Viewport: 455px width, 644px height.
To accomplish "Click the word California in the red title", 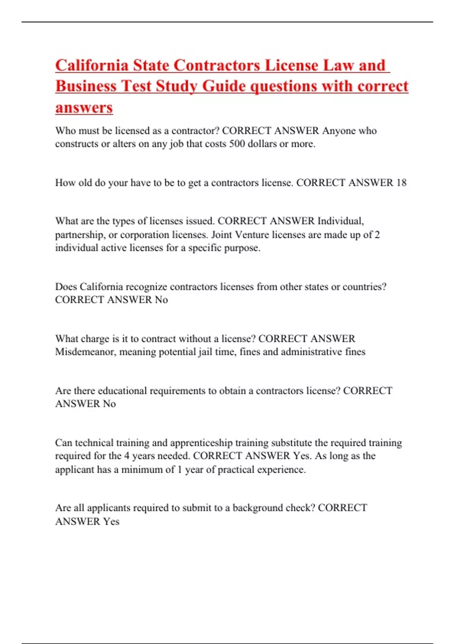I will [92, 65].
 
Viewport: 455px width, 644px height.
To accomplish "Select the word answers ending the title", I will [84, 107].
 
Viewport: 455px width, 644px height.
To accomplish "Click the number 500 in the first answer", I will [237, 144].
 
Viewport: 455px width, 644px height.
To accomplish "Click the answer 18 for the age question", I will [401, 183].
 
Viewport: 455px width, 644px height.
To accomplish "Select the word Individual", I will [340, 221].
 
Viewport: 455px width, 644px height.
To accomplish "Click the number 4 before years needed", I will [127, 456].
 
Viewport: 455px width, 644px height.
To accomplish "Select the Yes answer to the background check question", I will [111, 522].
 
